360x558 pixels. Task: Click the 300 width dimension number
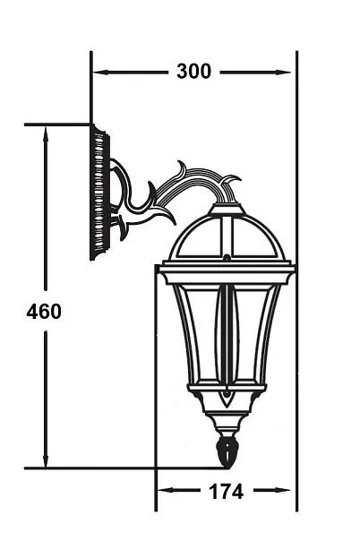tap(193, 72)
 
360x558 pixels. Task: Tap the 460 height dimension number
tap(44, 312)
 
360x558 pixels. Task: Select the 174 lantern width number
tap(225, 491)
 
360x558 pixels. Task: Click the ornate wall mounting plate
tap(99, 193)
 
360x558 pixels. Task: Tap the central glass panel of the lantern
tap(227, 336)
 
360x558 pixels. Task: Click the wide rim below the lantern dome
tap(227, 272)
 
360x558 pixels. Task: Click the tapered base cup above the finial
tap(227, 421)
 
